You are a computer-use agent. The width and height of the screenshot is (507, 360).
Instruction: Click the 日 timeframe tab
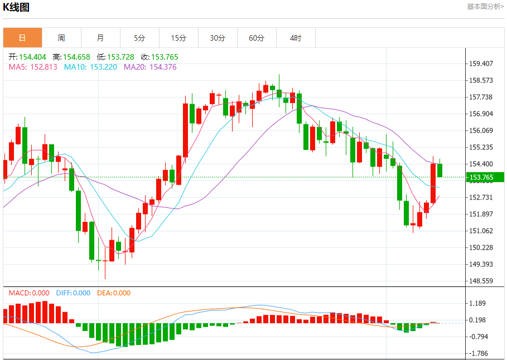point(22,38)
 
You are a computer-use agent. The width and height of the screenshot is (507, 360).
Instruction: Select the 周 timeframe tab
point(61,38)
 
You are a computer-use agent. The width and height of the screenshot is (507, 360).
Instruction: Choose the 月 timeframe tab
point(100,38)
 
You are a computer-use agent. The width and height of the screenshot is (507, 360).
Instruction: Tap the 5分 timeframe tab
point(139,38)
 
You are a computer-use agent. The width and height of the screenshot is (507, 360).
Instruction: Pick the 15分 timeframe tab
point(178,38)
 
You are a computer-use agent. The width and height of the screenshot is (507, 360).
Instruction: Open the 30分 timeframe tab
point(218,38)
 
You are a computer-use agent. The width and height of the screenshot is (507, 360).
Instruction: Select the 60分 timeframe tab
point(257,38)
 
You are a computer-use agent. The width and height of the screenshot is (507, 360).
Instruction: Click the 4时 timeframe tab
point(296,38)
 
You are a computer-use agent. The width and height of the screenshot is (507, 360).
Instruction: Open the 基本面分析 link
point(485,7)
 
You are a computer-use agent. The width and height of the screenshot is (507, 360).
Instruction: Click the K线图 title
point(17,7)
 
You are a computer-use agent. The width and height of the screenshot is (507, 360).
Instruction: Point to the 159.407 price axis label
point(481,64)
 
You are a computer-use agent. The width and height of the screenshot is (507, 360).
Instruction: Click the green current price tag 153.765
point(484,177)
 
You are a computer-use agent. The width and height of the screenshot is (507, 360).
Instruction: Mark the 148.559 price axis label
point(481,281)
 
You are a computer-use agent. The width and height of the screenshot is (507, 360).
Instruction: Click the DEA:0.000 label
point(114,293)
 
